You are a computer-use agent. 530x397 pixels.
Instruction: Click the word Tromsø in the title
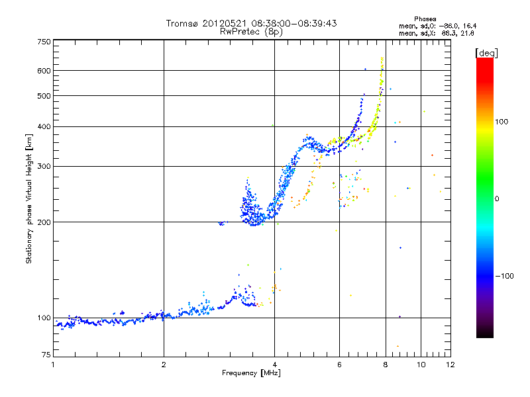pyautogui.click(x=182, y=23)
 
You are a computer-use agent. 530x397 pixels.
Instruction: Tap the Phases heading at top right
pyautogui.click(x=425, y=19)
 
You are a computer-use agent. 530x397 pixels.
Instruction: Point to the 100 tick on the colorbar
pyautogui.click(x=503, y=122)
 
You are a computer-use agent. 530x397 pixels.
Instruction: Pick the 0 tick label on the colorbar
pyautogui.click(x=498, y=198)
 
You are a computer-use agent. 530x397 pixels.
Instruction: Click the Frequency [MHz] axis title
pyautogui.click(x=251, y=374)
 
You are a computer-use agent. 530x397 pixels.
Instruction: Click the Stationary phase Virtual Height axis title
pyautogui.click(x=29, y=198)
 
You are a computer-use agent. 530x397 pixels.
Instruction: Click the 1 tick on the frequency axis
pyautogui.click(x=53, y=365)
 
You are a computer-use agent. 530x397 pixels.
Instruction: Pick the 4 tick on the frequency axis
pyautogui.click(x=274, y=365)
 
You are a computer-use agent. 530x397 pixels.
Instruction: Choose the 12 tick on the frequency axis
pyautogui.click(x=450, y=365)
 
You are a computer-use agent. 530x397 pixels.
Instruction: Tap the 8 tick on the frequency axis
pyautogui.click(x=385, y=365)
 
